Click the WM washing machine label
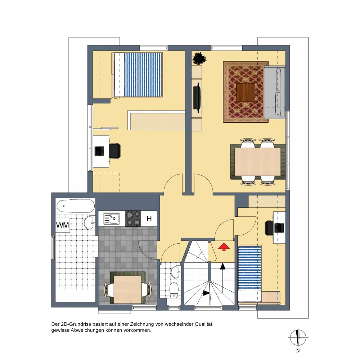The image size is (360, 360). click(x=62, y=225)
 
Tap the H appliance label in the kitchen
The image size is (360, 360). click(x=149, y=219)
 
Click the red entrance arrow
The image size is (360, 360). click(x=224, y=247)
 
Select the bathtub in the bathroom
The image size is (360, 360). click(x=76, y=206)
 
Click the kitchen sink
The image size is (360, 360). click(x=112, y=219)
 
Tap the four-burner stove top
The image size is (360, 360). click(x=133, y=219)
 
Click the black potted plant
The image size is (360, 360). click(x=199, y=58)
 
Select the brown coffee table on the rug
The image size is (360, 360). click(x=246, y=92)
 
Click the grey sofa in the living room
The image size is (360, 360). click(x=275, y=91)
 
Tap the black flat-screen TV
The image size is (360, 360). click(x=197, y=96)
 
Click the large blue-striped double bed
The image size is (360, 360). click(x=137, y=75)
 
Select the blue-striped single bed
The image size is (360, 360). click(x=249, y=274)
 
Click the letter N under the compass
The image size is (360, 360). click(x=298, y=351)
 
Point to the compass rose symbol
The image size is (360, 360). click(x=298, y=338)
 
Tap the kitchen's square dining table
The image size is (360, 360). click(x=128, y=290)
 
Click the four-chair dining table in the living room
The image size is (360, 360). click(x=258, y=162)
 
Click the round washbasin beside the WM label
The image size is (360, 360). click(x=90, y=222)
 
